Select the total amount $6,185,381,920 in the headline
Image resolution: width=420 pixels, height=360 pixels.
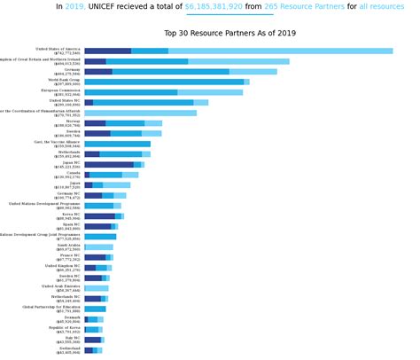point(213,6)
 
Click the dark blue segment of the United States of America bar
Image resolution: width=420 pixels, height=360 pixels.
point(107,51)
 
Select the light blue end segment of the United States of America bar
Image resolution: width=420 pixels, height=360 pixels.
point(280,51)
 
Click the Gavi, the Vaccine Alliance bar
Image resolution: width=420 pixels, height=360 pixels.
point(117,144)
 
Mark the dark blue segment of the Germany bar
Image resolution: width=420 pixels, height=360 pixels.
point(97,72)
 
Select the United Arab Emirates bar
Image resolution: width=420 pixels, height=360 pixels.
point(97,288)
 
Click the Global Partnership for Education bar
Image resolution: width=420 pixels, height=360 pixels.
point(95,309)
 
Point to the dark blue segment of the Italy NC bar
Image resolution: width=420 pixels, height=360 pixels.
point(92,340)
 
